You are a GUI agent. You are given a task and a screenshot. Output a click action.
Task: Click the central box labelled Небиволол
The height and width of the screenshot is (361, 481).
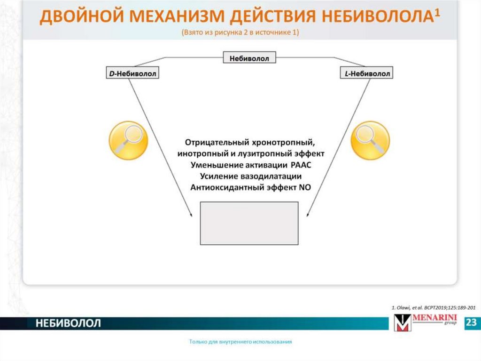[x=249, y=58]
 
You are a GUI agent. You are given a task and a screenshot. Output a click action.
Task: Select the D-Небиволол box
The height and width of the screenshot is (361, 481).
[x=132, y=73]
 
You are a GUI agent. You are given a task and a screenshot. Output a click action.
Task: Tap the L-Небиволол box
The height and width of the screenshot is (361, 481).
[x=366, y=73]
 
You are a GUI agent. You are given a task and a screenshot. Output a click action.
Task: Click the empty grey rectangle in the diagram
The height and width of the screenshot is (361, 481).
[x=249, y=223]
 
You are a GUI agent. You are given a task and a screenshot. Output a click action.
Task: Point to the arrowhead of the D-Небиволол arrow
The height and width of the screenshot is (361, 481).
[x=192, y=215]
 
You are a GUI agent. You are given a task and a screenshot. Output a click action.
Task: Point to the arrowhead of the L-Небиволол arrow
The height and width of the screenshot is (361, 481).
[x=307, y=215]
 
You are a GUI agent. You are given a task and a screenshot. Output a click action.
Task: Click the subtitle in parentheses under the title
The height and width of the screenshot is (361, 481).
[x=240, y=32]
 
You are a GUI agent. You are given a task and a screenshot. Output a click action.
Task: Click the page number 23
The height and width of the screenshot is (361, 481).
[x=471, y=323]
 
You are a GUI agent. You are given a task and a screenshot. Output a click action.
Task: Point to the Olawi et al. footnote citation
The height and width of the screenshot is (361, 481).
[x=433, y=307]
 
